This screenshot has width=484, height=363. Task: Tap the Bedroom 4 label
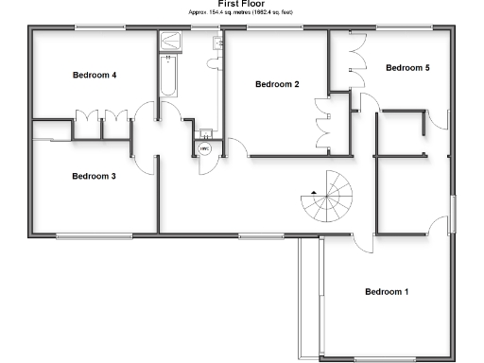[95, 75]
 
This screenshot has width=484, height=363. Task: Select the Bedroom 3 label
[95, 176]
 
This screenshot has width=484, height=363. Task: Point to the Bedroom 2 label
[277, 85]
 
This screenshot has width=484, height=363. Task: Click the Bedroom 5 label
[407, 68]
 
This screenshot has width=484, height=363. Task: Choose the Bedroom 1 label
[387, 291]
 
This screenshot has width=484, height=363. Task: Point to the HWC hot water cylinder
[204, 148]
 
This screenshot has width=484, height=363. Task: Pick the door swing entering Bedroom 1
[360, 242]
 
